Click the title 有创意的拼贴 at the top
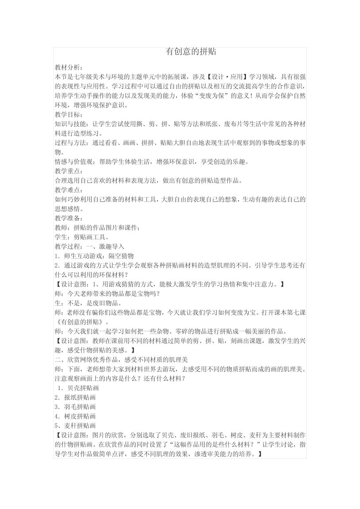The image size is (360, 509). click(191, 52)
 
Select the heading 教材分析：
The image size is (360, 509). click(67, 68)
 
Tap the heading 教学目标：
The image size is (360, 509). click(67, 115)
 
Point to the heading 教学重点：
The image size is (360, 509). click(67, 171)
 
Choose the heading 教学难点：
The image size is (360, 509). click(67, 190)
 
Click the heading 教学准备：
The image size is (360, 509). click(67, 218)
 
